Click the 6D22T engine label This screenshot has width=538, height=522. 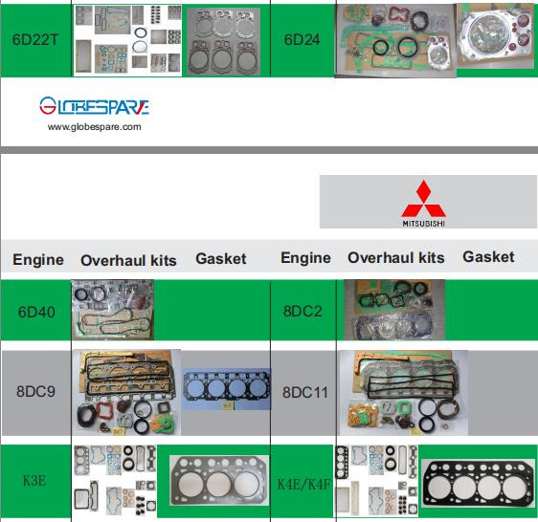[35, 40]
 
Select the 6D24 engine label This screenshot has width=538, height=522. [302, 40]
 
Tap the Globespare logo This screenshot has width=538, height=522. [94, 105]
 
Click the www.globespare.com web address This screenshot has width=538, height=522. [95, 127]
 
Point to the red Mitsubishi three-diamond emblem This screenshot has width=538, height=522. [424, 199]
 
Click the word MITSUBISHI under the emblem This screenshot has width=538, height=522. [424, 224]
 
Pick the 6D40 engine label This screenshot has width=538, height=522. [36, 313]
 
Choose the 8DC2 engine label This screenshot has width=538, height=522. [303, 312]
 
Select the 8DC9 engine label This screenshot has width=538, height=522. [35, 391]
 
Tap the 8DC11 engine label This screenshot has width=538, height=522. [305, 392]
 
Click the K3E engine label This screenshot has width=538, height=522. [34, 481]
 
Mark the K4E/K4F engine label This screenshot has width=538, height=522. [304, 485]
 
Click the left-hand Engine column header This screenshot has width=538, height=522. [38, 259]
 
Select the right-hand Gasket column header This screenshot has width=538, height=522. [488, 257]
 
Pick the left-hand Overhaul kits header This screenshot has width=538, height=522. [128, 260]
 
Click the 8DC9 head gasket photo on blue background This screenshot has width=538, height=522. [226, 389]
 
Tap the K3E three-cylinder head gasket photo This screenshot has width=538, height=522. [219, 481]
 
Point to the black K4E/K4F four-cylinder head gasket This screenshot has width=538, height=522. [478, 483]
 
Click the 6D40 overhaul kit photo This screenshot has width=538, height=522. [113, 310]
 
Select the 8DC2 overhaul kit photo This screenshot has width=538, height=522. [394, 310]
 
